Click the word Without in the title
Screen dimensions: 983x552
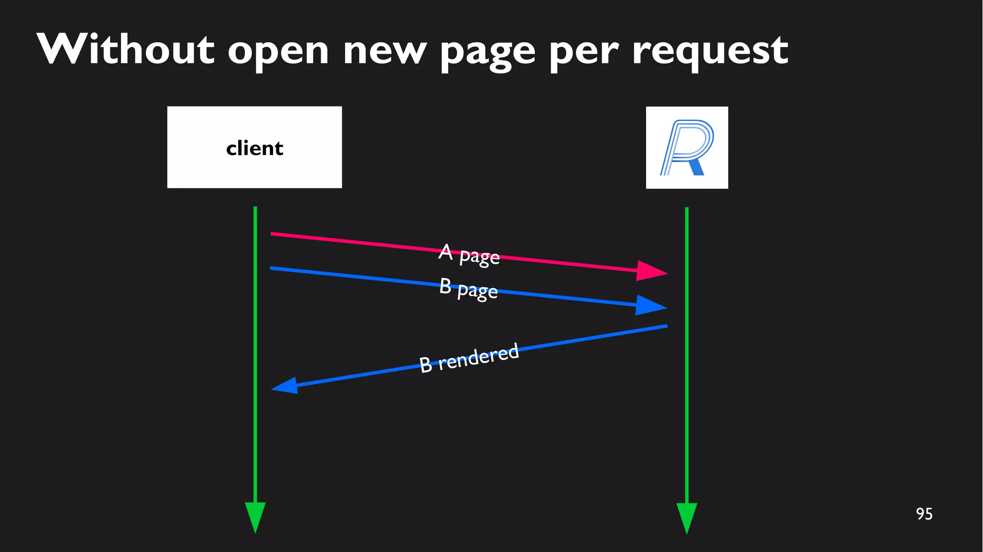pos(125,49)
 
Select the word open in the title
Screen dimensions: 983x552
pos(278,52)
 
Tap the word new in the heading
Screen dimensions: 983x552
pos(384,52)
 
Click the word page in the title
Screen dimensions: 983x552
pos(488,53)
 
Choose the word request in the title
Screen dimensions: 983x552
pos(710,52)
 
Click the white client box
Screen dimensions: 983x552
pos(254,147)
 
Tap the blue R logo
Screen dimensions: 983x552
pos(687,147)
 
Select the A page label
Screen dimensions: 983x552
pos(469,254)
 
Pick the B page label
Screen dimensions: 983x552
pos(468,288)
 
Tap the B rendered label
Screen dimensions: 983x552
pos(469,358)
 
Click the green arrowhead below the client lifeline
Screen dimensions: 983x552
pos(255,516)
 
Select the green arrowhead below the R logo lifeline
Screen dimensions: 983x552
pos(687,517)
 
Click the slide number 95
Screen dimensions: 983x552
pos(924,514)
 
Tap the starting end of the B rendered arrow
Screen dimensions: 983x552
pos(666,326)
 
